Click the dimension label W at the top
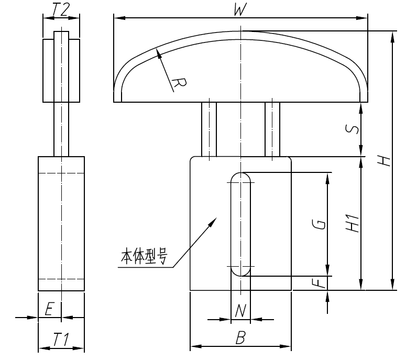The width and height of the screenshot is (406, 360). [x=239, y=10]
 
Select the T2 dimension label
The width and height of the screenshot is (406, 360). [x=61, y=10]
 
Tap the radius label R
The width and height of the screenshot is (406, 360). [x=179, y=84]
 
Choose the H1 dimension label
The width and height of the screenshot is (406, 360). [x=354, y=223]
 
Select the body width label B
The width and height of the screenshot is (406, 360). [x=240, y=339]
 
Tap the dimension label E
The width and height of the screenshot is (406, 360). [x=48, y=310]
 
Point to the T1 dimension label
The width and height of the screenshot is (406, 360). [x=61, y=340]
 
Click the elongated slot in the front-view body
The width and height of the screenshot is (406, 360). [x=240, y=224]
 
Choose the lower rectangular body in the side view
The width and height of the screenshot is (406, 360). [x=61, y=223]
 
